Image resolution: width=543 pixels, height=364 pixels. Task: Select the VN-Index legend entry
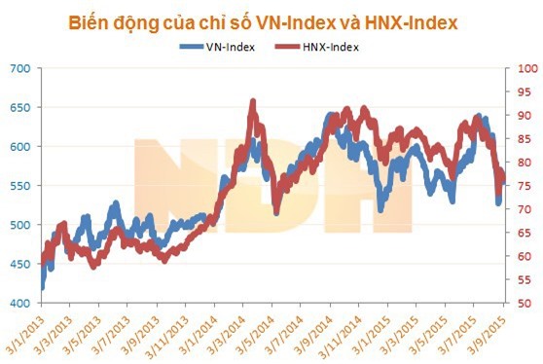[226, 46]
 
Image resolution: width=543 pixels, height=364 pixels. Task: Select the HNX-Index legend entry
[320, 46]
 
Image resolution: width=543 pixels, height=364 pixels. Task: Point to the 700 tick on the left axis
[20, 68]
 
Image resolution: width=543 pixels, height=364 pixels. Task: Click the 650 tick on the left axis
[20, 107]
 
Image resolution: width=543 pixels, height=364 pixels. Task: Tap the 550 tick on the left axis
[20, 186]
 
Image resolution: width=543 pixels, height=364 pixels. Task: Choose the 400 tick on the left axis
[20, 304]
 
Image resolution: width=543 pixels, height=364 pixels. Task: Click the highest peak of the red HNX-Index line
[253, 101]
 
